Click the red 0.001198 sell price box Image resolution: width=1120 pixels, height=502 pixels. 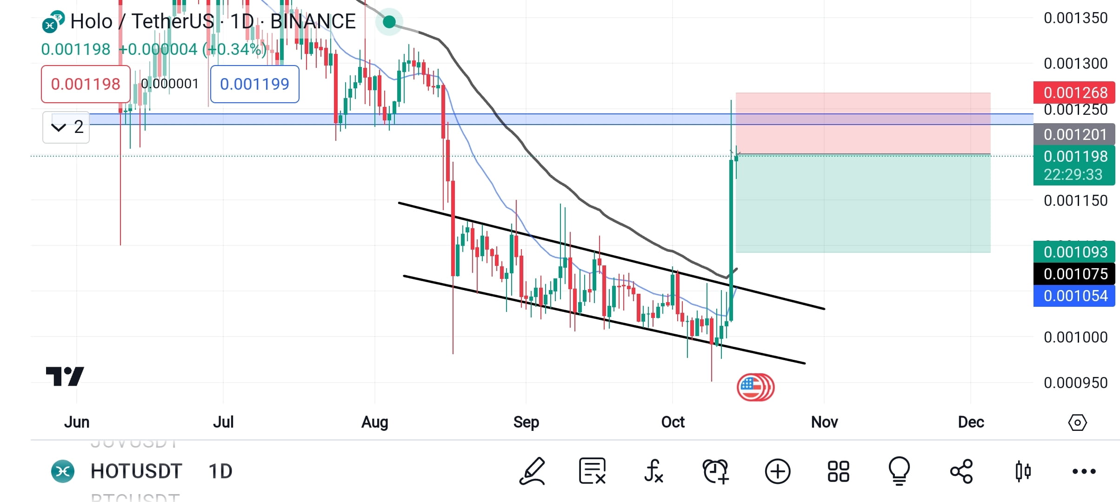(86, 84)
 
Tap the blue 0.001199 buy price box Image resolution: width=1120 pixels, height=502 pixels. (254, 84)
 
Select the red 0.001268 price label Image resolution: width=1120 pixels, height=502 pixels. (1074, 92)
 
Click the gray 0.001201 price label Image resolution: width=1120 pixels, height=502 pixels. (1074, 134)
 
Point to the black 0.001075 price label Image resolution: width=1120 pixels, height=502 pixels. (1074, 274)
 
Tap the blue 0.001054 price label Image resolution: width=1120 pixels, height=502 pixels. (1074, 296)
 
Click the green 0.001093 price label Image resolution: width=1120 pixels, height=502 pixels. (1074, 252)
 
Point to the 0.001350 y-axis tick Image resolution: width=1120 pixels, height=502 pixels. (1075, 18)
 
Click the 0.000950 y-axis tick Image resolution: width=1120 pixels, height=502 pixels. (1075, 383)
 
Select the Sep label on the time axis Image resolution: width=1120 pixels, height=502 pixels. (526, 422)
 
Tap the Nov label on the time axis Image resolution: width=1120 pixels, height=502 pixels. (824, 422)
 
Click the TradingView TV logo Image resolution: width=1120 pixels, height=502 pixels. (65, 376)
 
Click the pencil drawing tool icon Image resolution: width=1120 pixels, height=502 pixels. (532, 471)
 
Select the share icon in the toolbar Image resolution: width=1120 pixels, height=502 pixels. (961, 471)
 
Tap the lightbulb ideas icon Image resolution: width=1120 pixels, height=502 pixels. (899, 471)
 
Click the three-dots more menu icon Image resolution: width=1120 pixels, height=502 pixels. (1084, 471)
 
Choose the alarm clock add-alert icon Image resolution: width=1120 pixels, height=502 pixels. (715, 471)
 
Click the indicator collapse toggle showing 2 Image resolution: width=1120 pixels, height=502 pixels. (66, 127)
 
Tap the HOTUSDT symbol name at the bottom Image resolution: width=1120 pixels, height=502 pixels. (136, 471)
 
